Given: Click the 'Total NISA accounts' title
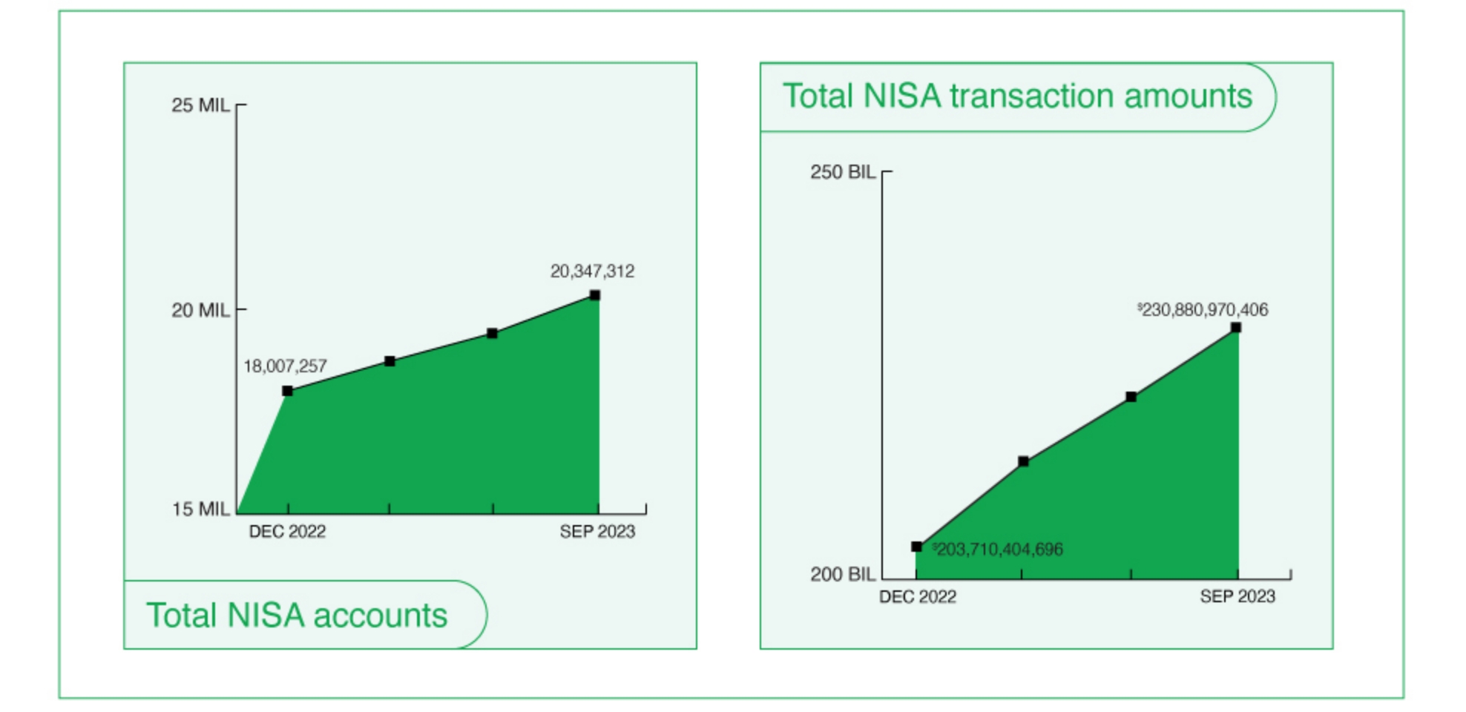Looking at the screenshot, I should [297, 616].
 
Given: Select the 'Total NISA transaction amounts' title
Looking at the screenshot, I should [1017, 96].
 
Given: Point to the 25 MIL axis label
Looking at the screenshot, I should [200, 105].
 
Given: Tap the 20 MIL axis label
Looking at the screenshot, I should [200, 310].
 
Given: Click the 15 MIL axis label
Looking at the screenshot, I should [200, 509].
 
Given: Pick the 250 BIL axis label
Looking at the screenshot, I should [843, 172].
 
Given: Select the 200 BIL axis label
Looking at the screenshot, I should [843, 574].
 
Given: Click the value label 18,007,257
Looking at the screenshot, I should [285, 366].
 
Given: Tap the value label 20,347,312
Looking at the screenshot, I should [592, 271].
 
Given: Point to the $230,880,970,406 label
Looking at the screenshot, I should [1203, 310].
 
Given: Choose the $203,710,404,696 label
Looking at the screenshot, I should [997, 550].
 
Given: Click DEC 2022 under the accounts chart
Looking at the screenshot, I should [287, 532].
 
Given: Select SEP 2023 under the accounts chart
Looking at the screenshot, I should [597, 532].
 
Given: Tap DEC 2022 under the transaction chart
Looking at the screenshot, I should [918, 597].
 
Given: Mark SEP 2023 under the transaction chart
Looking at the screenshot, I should [1237, 597].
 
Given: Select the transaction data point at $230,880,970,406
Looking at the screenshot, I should [1236, 328].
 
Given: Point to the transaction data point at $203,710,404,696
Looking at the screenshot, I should [917, 547].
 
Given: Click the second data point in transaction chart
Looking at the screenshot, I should [1024, 461].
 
